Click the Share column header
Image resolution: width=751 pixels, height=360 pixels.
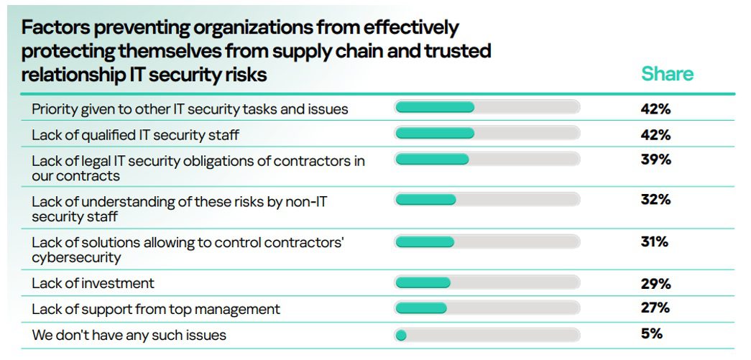point(667,74)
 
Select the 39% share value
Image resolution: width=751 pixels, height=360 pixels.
point(655,160)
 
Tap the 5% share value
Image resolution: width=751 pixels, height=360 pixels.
point(652,333)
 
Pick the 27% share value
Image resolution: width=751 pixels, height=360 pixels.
point(655,308)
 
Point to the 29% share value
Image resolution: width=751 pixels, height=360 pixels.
point(655,283)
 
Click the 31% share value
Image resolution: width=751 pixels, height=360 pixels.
point(655,242)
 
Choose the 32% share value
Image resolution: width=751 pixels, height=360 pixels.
point(655,200)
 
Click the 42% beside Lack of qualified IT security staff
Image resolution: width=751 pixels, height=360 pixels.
point(655,134)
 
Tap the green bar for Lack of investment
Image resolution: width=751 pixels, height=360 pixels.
point(423,283)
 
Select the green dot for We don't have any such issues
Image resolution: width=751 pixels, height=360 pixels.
point(401,335)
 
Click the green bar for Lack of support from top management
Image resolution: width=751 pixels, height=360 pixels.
point(421,308)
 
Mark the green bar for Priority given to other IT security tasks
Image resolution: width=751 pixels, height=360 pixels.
point(435,108)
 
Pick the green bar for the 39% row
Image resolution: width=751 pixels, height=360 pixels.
point(432,160)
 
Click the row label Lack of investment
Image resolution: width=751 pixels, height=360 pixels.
point(93,283)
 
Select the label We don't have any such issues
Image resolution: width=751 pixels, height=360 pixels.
point(129,335)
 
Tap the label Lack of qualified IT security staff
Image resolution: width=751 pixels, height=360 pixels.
point(135,134)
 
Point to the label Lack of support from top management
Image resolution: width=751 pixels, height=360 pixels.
point(156,310)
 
